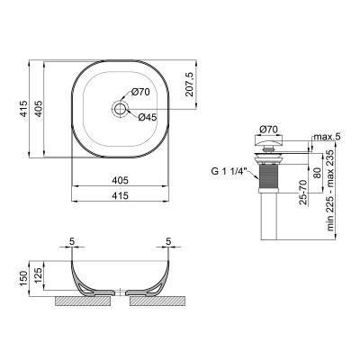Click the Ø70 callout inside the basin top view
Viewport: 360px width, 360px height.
point(140,91)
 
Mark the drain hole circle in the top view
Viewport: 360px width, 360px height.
point(119,109)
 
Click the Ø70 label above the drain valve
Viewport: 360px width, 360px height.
point(267,130)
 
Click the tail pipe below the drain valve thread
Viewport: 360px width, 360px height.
point(268,216)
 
